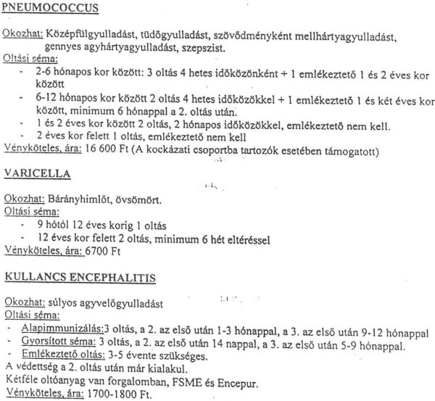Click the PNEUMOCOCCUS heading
coord(51,9)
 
